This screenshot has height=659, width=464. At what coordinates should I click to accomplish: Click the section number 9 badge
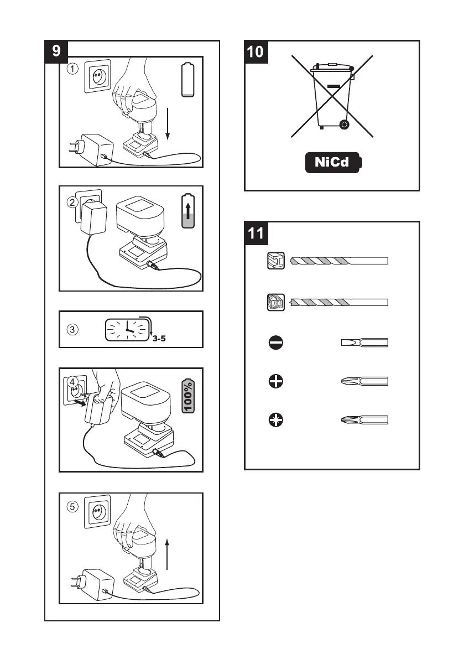pyautogui.click(x=56, y=51)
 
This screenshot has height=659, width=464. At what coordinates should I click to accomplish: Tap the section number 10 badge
pyautogui.click(x=256, y=51)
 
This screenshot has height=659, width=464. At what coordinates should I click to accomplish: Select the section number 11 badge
pyautogui.click(x=256, y=233)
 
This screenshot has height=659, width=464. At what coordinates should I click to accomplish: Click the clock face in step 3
pyautogui.click(x=128, y=329)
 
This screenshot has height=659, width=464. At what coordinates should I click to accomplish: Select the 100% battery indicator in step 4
pyautogui.click(x=188, y=396)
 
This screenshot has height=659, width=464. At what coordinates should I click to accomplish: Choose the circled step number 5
pyautogui.click(x=72, y=506)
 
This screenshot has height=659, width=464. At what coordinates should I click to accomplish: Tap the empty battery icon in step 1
pyautogui.click(x=189, y=81)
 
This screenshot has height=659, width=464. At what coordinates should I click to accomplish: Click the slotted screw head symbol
pyautogui.click(x=275, y=343)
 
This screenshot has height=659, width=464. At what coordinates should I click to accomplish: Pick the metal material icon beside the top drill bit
pyautogui.click(x=275, y=261)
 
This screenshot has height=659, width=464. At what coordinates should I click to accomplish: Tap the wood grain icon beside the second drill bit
pyautogui.click(x=275, y=303)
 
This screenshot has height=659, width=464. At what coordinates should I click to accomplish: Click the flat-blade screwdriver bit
pyautogui.click(x=364, y=343)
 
